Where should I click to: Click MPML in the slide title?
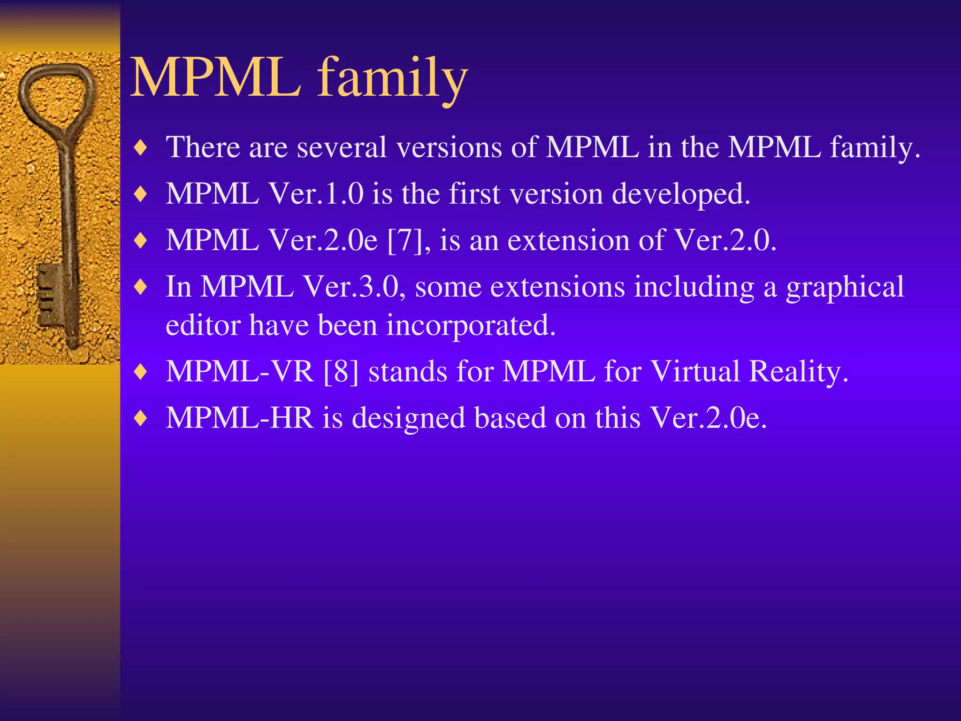point(216,77)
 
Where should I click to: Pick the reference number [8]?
point(342,371)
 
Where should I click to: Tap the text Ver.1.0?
point(316,194)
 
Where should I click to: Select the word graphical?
point(845,288)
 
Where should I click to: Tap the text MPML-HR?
point(239,418)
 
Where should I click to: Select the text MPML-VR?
point(240,371)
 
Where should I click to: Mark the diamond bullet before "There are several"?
point(140,148)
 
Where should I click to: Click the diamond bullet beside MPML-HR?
point(140,418)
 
